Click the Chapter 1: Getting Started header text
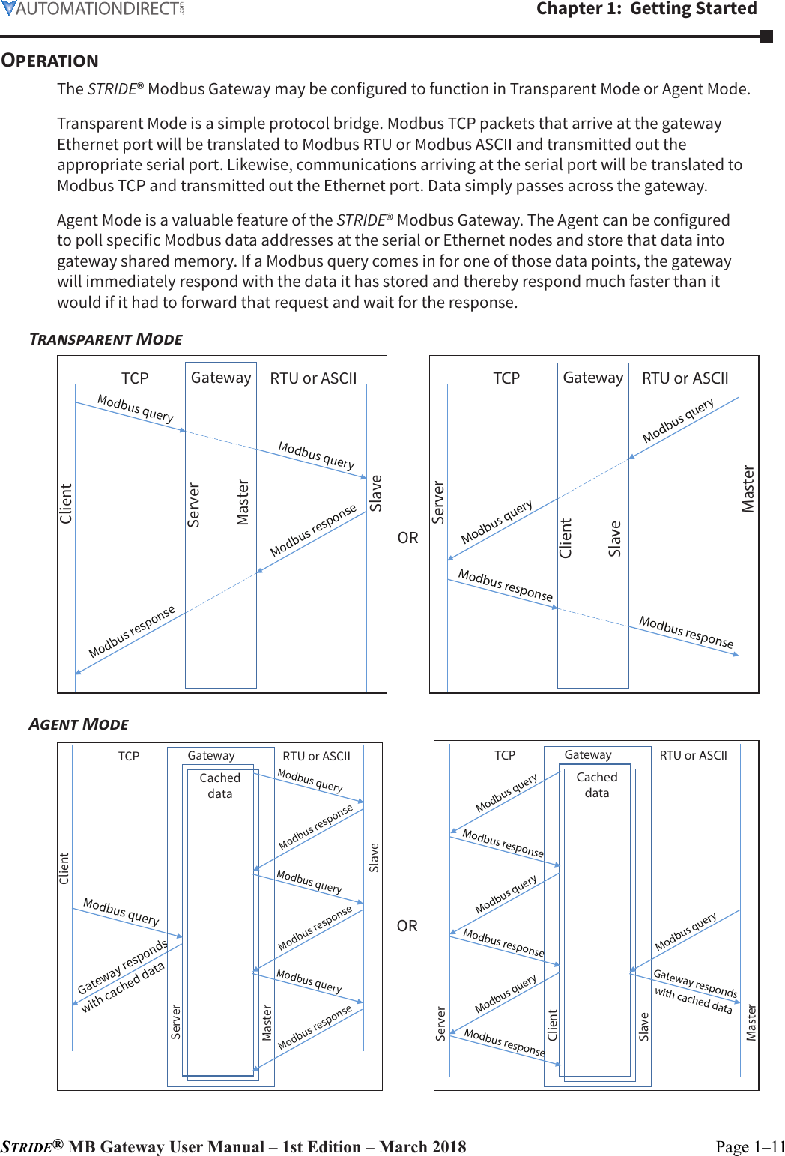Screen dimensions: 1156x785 pos(646,9)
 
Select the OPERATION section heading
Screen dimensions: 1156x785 pos(50,61)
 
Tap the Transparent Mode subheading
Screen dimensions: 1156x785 pos(106,339)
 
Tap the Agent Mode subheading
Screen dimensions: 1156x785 pos(79,724)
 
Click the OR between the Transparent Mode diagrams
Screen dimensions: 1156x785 pos(407,538)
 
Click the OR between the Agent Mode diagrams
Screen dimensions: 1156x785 pos(407,926)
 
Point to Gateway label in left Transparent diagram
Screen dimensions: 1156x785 pos(221,378)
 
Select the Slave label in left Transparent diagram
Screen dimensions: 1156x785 pos(376,493)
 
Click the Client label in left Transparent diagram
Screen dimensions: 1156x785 pos(66,503)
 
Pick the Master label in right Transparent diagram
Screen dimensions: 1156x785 pos(748,488)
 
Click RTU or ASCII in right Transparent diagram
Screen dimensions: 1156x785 pos(685,378)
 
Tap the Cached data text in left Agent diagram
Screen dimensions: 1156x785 pos(220,786)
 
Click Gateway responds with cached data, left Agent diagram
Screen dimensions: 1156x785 pos(123,975)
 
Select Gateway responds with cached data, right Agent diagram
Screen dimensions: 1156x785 pos(694,990)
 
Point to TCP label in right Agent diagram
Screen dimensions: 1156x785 pos(505,755)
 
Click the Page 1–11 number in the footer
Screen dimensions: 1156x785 pos(750,1146)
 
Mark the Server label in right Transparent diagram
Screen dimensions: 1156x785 pos(438,502)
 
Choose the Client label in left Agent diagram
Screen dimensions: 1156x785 pos(64,868)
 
